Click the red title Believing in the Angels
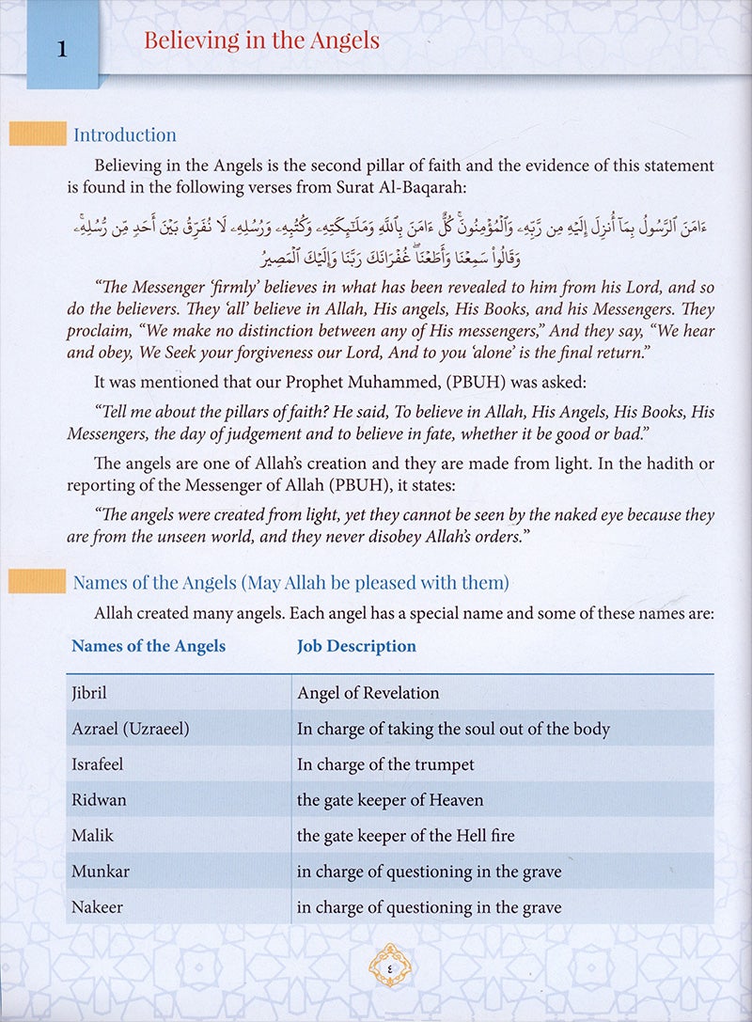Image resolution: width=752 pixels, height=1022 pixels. click(261, 40)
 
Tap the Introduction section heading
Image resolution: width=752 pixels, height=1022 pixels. click(125, 135)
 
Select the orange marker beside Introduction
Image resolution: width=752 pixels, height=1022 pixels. click(37, 134)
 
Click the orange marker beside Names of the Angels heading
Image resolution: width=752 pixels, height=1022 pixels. click(37, 583)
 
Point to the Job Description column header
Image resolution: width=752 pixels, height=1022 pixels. click(356, 646)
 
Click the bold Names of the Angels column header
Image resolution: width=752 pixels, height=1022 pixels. click(149, 646)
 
